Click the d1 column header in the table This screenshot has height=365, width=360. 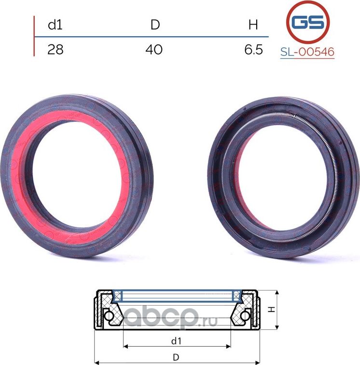click(x=55, y=25)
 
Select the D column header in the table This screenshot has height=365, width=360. click(x=155, y=25)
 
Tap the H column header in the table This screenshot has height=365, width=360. click(x=253, y=25)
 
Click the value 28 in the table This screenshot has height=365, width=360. click(x=55, y=50)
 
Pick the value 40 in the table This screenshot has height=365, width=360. click(x=154, y=50)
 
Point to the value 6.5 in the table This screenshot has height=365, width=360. click(x=253, y=50)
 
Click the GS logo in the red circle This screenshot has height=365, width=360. click(x=308, y=22)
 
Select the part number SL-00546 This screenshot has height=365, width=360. click(x=307, y=52)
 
